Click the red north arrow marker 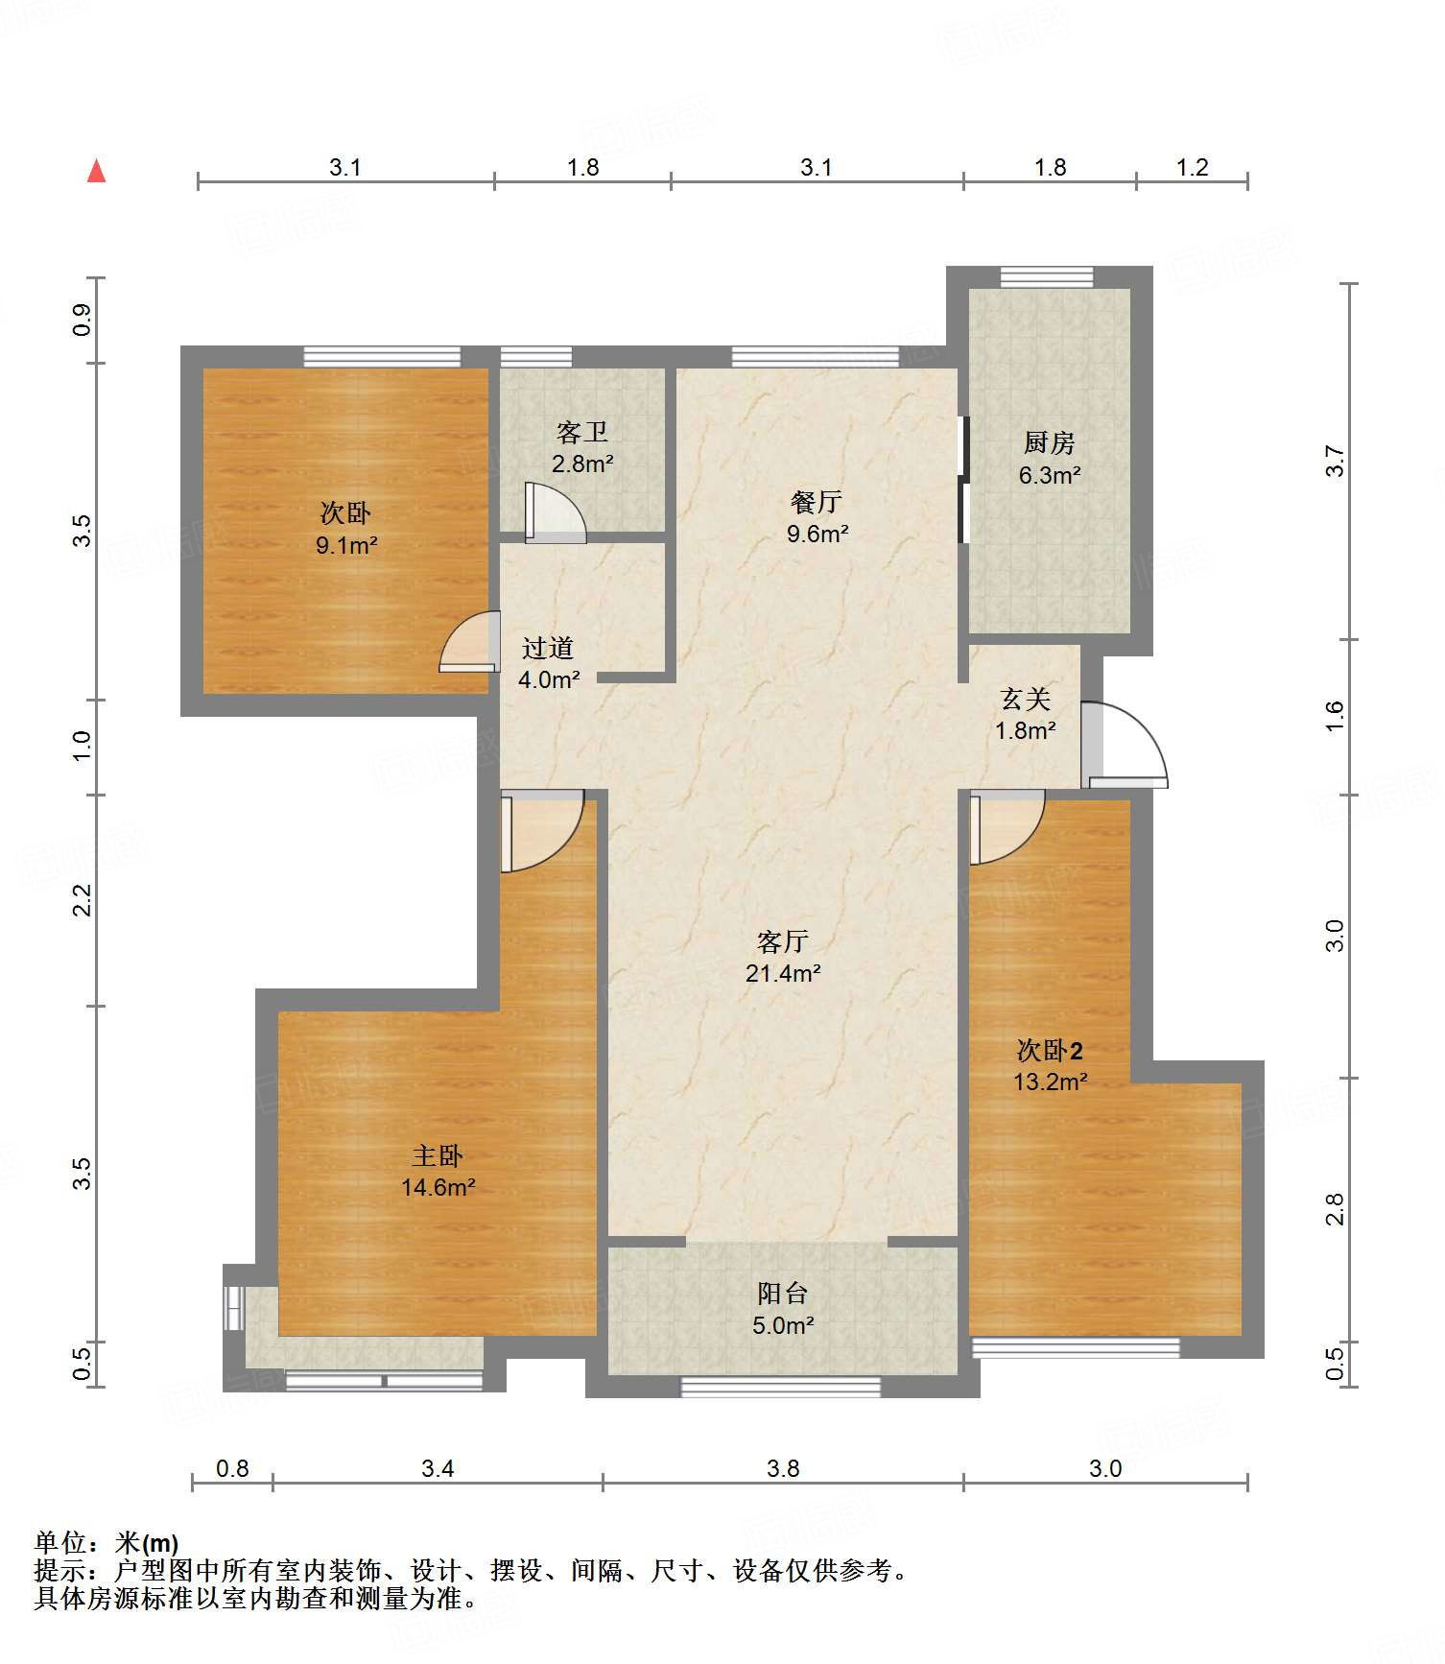coord(96,171)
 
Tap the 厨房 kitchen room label coord(1049,443)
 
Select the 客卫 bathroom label coord(582,432)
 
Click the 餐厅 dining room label coord(817,502)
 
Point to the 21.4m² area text coord(783,973)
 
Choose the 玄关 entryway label coord(1025,699)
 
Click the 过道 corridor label coord(548,649)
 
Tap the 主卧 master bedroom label coord(438,1155)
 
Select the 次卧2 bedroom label coord(1050,1050)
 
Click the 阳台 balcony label coord(782,1294)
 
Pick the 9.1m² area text coord(346,546)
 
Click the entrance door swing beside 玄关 coord(1125,745)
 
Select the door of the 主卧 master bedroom coord(542,831)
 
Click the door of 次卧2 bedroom coord(1007,827)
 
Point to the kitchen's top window coord(1047,277)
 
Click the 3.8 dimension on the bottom coord(783,1468)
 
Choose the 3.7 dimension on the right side coord(1335,462)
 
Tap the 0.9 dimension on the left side coord(83,320)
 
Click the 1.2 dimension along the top coord(1193,167)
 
